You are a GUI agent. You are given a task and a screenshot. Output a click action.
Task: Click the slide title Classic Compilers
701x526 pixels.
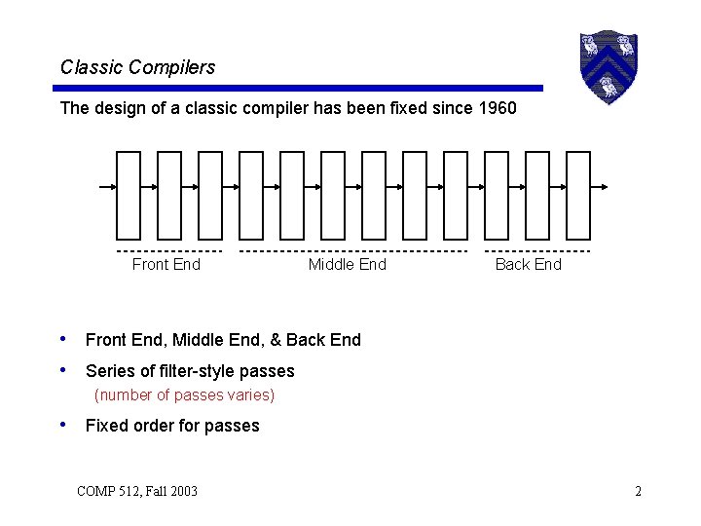click(x=137, y=67)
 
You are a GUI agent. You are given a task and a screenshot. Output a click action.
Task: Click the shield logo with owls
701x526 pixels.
click(x=608, y=66)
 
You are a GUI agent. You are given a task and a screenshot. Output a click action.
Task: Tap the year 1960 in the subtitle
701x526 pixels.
click(x=498, y=108)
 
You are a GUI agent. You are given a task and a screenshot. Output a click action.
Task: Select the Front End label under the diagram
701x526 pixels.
click(x=166, y=265)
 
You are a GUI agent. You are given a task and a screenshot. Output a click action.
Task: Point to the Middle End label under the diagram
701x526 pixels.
click(x=347, y=265)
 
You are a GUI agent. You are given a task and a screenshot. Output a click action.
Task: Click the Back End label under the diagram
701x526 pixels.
click(x=528, y=265)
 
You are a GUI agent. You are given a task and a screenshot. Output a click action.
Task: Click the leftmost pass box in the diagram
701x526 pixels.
click(x=129, y=194)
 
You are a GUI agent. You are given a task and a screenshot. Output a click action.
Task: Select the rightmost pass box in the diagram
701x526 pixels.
click(x=578, y=194)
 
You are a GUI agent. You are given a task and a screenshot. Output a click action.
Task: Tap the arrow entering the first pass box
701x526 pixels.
click(x=108, y=186)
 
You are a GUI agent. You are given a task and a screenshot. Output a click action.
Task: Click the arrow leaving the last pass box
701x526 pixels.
click(x=600, y=186)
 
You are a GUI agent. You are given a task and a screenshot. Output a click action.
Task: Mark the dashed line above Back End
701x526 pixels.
click(x=537, y=250)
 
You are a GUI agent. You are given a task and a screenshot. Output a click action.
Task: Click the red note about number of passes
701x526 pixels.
click(x=184, y=395)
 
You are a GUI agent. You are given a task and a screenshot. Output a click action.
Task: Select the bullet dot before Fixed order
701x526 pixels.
click(x=64, y=425)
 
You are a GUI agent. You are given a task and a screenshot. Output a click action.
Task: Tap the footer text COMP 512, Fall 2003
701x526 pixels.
click(x=137, y=491)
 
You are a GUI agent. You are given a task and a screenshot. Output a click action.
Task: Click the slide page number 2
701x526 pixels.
click(x=638, y=491)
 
